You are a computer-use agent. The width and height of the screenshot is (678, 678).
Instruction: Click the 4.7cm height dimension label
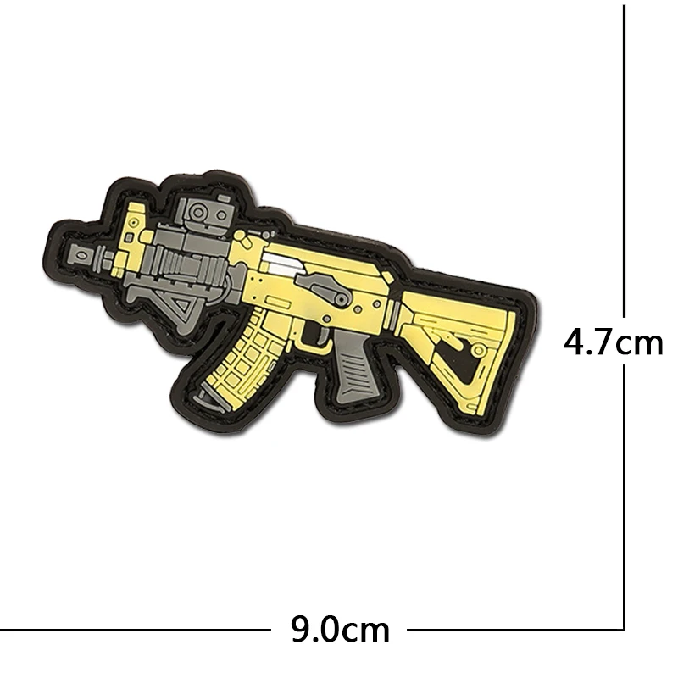613,342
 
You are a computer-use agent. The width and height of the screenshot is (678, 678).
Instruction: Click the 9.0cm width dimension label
340,630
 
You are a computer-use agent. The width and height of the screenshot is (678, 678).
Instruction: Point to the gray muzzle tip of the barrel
82,255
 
